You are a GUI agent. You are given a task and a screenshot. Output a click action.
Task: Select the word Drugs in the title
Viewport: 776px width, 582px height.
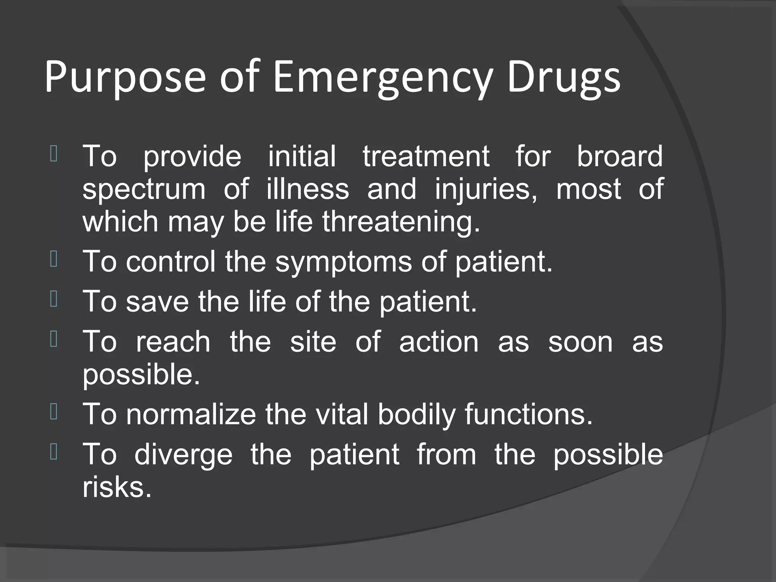coord(563,78)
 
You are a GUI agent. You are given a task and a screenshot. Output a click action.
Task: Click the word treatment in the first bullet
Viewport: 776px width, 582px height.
coord(426,156)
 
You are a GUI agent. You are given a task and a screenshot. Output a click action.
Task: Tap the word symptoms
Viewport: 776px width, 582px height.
coord(343,261)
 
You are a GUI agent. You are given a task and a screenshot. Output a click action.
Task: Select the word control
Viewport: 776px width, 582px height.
coord(171,261)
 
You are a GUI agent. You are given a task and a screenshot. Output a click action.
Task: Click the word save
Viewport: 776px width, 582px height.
coord(157,302)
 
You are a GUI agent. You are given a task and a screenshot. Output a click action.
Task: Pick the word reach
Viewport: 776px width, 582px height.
coord(173,342)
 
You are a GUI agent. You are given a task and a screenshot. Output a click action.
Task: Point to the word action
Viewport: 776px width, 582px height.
coord(439,342)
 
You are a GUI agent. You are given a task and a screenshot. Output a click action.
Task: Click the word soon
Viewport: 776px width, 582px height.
coord(580,342)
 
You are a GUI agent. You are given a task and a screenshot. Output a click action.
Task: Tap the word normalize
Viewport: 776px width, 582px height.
coord(191,414)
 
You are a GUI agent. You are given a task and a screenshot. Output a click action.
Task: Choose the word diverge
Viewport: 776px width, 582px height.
coord(183,455)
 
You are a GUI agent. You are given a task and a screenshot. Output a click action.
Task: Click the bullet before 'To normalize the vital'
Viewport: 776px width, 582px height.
coord(53,412)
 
